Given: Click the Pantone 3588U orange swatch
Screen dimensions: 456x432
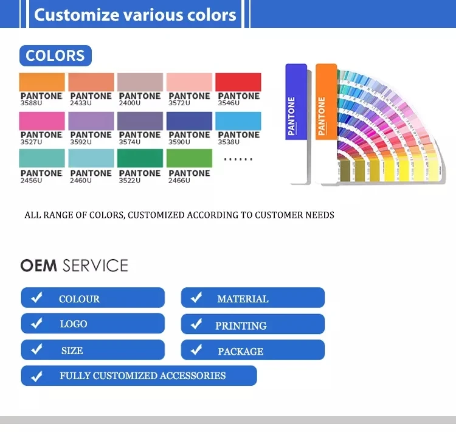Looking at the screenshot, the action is click(x=42, y=82).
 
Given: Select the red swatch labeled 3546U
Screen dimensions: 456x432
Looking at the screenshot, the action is click(x=238, y=82).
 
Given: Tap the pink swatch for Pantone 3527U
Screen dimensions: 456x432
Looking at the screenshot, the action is click(x=42, y=121).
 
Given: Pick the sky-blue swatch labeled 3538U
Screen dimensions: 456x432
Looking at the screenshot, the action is click(x=238, y=121).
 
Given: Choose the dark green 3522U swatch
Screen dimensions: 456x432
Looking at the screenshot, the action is click(x=140, y=158).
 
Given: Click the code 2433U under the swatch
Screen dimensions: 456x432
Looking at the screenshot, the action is click(x=81, y=103).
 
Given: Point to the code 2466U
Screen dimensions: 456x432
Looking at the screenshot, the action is click(x=179, y=181).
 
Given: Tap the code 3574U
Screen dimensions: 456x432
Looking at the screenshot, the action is click(x=130, y=142).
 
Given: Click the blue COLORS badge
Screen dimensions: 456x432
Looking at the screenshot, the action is click(x=55, y=55).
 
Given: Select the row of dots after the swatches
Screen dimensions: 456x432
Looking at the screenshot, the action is click(x=238, y=159).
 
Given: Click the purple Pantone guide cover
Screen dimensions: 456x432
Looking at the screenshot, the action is click(x=296, y=102).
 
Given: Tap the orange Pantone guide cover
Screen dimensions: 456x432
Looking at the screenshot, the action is click(x=326, y=102).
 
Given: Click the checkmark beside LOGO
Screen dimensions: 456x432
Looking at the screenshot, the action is click(x=37, y=323).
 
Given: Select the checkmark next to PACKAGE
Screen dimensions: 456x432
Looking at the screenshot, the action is click(x=196, y=349).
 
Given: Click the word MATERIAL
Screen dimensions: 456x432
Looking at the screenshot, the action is click(x=243, y=299).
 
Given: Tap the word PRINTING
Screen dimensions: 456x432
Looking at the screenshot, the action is click(x=241, y=326).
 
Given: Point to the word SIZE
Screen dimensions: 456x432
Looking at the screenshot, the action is click(x=72, y=350).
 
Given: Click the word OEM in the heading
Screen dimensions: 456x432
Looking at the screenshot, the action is click(x=39, y=265).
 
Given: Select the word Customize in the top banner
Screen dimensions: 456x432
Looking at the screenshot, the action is click(x=77, y=15).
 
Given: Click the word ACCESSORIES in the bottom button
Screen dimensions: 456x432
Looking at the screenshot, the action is click(x=193, y=375).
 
